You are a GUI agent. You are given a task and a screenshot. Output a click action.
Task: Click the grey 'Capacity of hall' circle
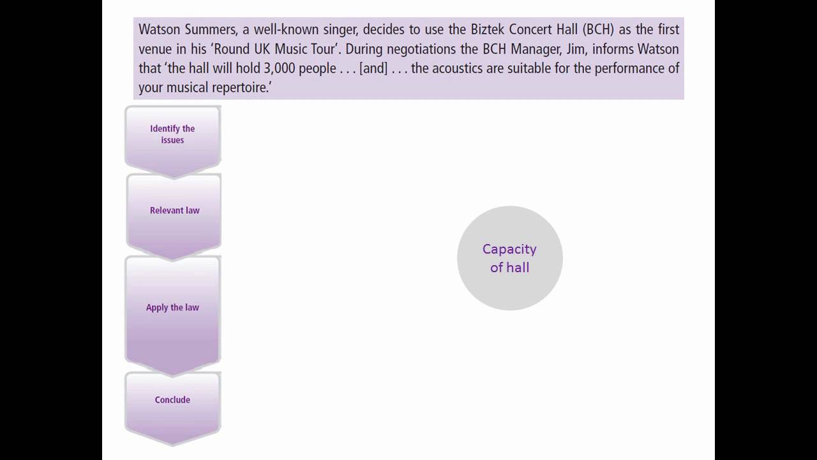click(x=509, y=258)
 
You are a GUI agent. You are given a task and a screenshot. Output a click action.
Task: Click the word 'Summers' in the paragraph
click(x=211, y=29)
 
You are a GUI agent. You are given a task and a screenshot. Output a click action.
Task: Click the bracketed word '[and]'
click(x=373, y=68)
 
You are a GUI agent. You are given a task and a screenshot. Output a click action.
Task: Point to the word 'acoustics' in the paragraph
click(x=456, y=68)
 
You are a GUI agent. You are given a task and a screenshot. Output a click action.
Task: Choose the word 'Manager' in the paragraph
click(x=535, y=49)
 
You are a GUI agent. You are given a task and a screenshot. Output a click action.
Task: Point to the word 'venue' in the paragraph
click(x=156, y=49)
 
